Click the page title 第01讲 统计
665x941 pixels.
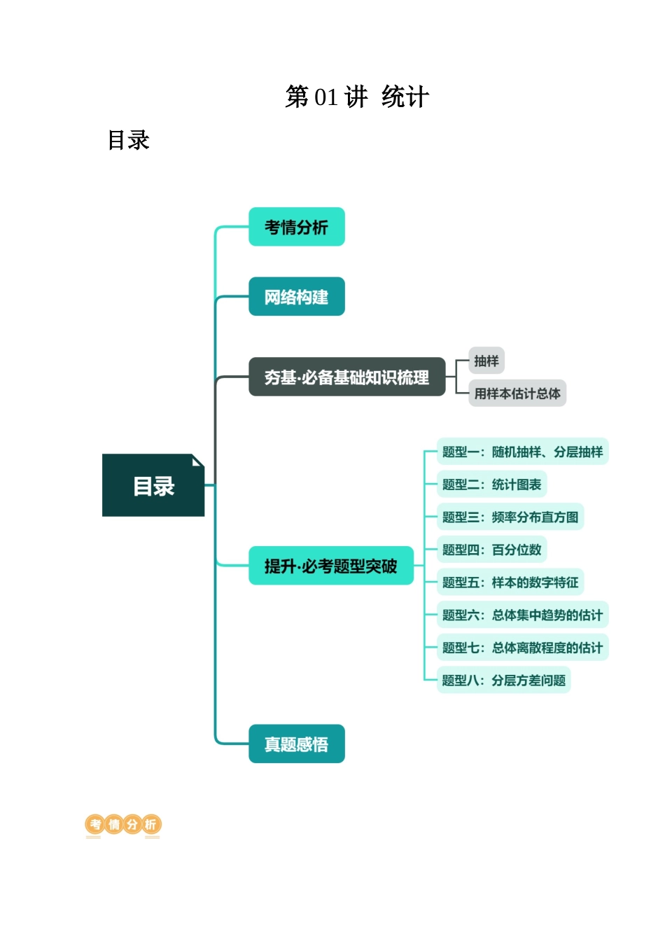pyautogui.click(x=357, y=97)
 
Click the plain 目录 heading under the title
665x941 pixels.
pyautogui.click(x=128, y=140)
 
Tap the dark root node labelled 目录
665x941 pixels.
pyautogui.click(x=153, y=486)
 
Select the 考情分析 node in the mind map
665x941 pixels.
pyautogui.click(x=296, y=227)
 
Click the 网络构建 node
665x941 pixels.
pyautogui.click(x=296, y=297)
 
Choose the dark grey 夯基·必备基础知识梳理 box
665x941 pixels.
pyautogui.click(x=346, y=377)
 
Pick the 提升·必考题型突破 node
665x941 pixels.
pyautogui.click(x=330, y=566)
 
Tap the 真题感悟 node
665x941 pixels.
pyautogui.click(x=296, y=744)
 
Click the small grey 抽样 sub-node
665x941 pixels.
pyautogui.click(x=486, y=361)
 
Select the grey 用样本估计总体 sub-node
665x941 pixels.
pyautogui.click(x=517, y=393)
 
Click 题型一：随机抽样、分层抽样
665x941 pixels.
pyautogui.click(x=522, y=452)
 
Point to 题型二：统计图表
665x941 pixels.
pyautogui.click(x=491, y=485)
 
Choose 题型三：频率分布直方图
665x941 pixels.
pyautogui.click(x=510, y=517)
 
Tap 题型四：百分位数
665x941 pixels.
pyautogui.click(x=491, y=550)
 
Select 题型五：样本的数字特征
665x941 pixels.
pyautogui.click(x=510, y=583)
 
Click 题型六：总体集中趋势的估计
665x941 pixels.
pyautogui.click(x=522, y=615)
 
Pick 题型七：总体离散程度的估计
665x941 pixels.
pyautogui.click(x=522, y=648)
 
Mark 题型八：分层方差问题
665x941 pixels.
pyautogui.click(x=504, y=680)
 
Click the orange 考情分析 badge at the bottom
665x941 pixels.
pyautogui.click(x=123, y=825)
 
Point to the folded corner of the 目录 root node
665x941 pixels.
pyautogui.click(x=198, y=460)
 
